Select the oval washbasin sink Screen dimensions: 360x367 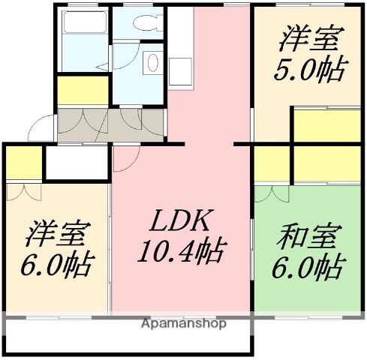pyautogui.click(x=150, y=61)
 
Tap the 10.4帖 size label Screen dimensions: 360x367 pyautogui.click(x=181, y=252)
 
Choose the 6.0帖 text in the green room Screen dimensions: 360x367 pyautogui.click(x=308, y=266)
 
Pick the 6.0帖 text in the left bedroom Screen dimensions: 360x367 pyautogui.click(x=56, y=266)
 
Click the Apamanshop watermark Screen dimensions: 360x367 pyautogui.click(x=183, y=325)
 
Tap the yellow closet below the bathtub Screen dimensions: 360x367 pyautogui.click(x=83, y=89)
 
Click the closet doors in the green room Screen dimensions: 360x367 pyautogui.click(x=271, y=193)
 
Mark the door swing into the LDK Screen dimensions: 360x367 pyautogui.click(x=126, y=158)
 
